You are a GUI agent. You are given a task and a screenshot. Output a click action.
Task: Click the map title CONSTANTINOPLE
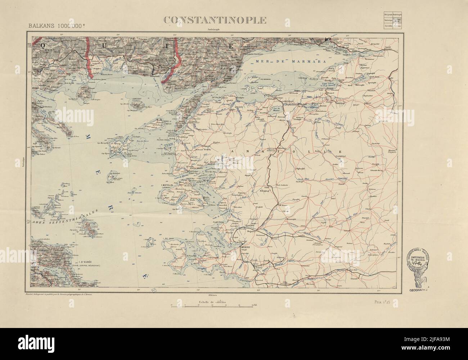(x=215, y=20)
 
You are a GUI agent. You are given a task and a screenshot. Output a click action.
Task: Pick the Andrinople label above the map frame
(x=215, y=30)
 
